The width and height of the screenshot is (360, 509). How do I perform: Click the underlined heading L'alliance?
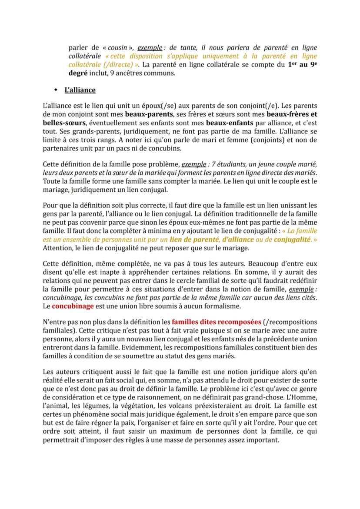pos(80,90)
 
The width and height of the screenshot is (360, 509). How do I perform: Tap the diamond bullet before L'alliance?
pos(56,90)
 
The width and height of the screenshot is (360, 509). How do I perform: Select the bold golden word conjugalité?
pos(293,239)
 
